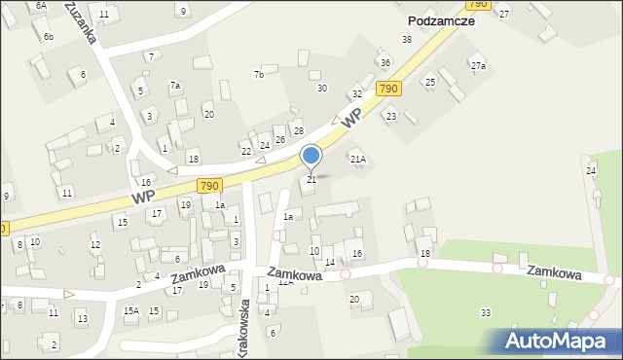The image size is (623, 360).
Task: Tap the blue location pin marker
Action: (x=311, y=158)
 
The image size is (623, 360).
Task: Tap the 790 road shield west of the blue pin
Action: (x=208, y=185)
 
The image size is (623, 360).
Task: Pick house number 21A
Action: (x=358, y=159)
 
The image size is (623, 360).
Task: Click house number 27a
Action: (x=478, y=65)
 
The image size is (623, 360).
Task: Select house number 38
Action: (x=407, y=39)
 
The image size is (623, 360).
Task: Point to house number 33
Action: (x=485, y=312)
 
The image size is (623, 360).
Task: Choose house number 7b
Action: (x=259, y=75)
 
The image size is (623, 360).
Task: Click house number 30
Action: (x=321, y=89)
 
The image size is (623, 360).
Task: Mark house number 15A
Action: (x=130, y=310)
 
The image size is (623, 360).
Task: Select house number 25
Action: (x=429, y=82)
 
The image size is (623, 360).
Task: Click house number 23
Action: (x=391, y=116)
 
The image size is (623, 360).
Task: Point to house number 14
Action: (x=330, y=263)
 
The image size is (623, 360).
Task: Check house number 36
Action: (x=385, y=63)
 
